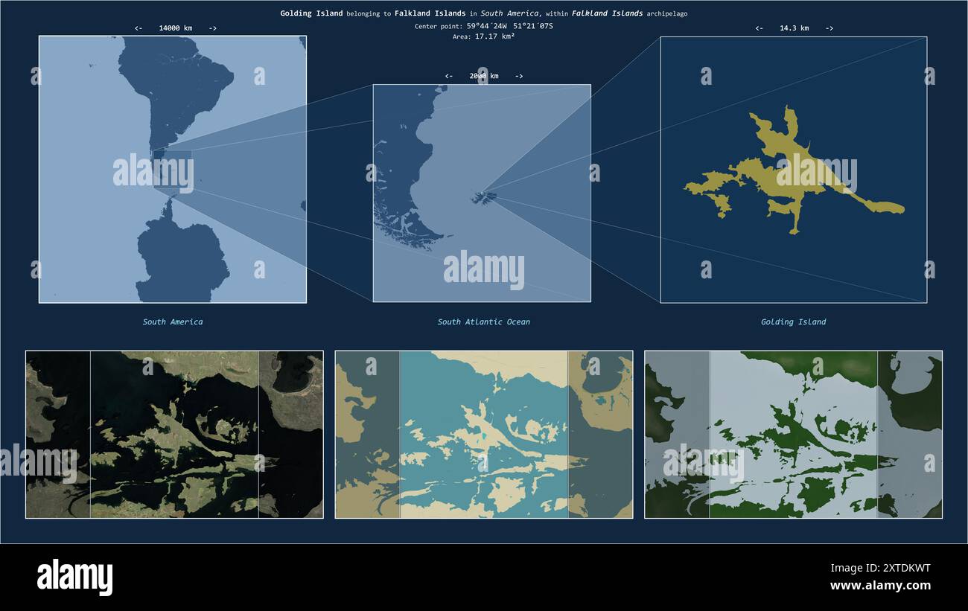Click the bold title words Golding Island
click(x=311, y=13)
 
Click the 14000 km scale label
click(x=175, y=28)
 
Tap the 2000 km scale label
click(x=484, y=76)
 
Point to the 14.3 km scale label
click(x=794, y=28)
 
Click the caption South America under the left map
click(x=173, y=322)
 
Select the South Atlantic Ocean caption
click(x=484, y=322)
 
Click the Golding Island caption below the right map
click(x=793, y=322)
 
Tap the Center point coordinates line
click(x=484, y=26)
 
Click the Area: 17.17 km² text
click(x=484, y=36)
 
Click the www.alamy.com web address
click(x=880, y=586)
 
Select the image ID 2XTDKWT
click(x=880, y=568)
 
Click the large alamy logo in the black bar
click(x=74, y=578)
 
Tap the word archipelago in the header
click(x=666, y=13)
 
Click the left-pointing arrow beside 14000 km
click(x=138, y=28)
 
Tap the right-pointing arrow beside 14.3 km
click(x=830, y=28)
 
